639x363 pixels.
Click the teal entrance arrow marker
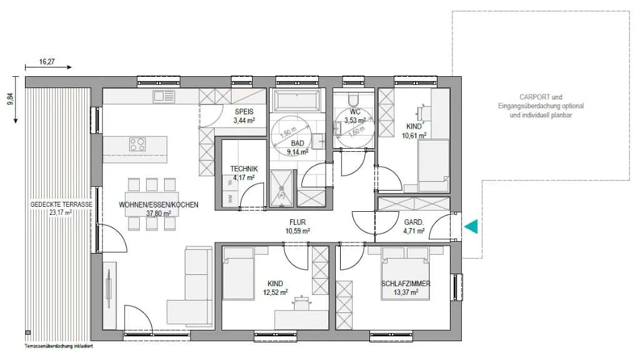[472, 226]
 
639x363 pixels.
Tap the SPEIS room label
[244, 111]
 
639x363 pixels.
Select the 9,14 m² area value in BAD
[298, 152]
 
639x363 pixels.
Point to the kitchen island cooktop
[137, 144]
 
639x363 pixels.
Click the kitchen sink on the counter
[164, 96]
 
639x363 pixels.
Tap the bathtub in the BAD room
[297, 101]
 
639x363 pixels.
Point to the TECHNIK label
[244, 169]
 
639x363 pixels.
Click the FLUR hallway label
[298, 222]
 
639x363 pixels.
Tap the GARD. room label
[414, 222]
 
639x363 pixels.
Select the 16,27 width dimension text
[47, 62]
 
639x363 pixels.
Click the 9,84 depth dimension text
[11, 99]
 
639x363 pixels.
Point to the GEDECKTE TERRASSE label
[61, 204]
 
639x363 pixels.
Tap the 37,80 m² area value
[159, 213]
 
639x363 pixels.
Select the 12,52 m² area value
[275, 292]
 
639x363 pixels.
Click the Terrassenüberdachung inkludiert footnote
[59, 346]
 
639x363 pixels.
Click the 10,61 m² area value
[414, 136]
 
